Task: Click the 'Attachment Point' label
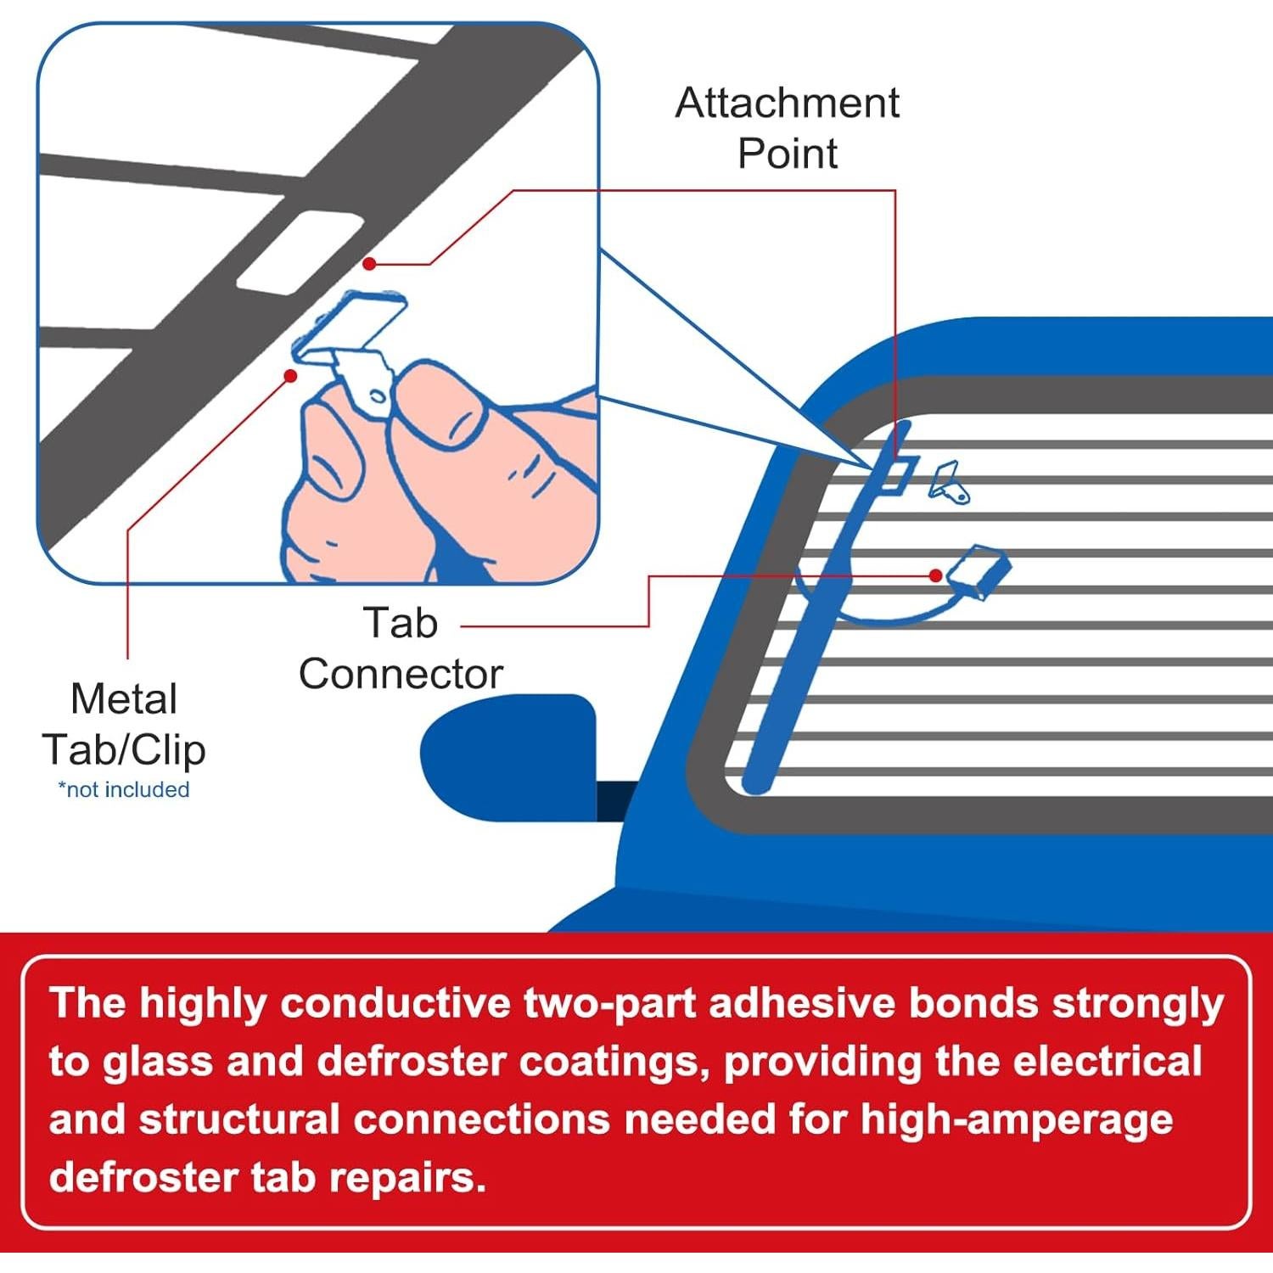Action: pyautogui.click(x=787, y=127)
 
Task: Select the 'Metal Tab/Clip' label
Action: pyautogui.click(x=124, y=724)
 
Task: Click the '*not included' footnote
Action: pyautogui.click(x=124, y=789)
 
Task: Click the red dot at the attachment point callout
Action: pyautogui.click(x=369, y=264)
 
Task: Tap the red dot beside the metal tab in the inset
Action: pyautogui.click(x=290, y=375)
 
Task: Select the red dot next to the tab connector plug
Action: pyautogui.click(x=935, y=575)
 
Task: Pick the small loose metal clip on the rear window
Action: pyautogui.click(x=949, y=484)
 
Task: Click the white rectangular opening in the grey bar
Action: pyautogui.click(x=289, y=252)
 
